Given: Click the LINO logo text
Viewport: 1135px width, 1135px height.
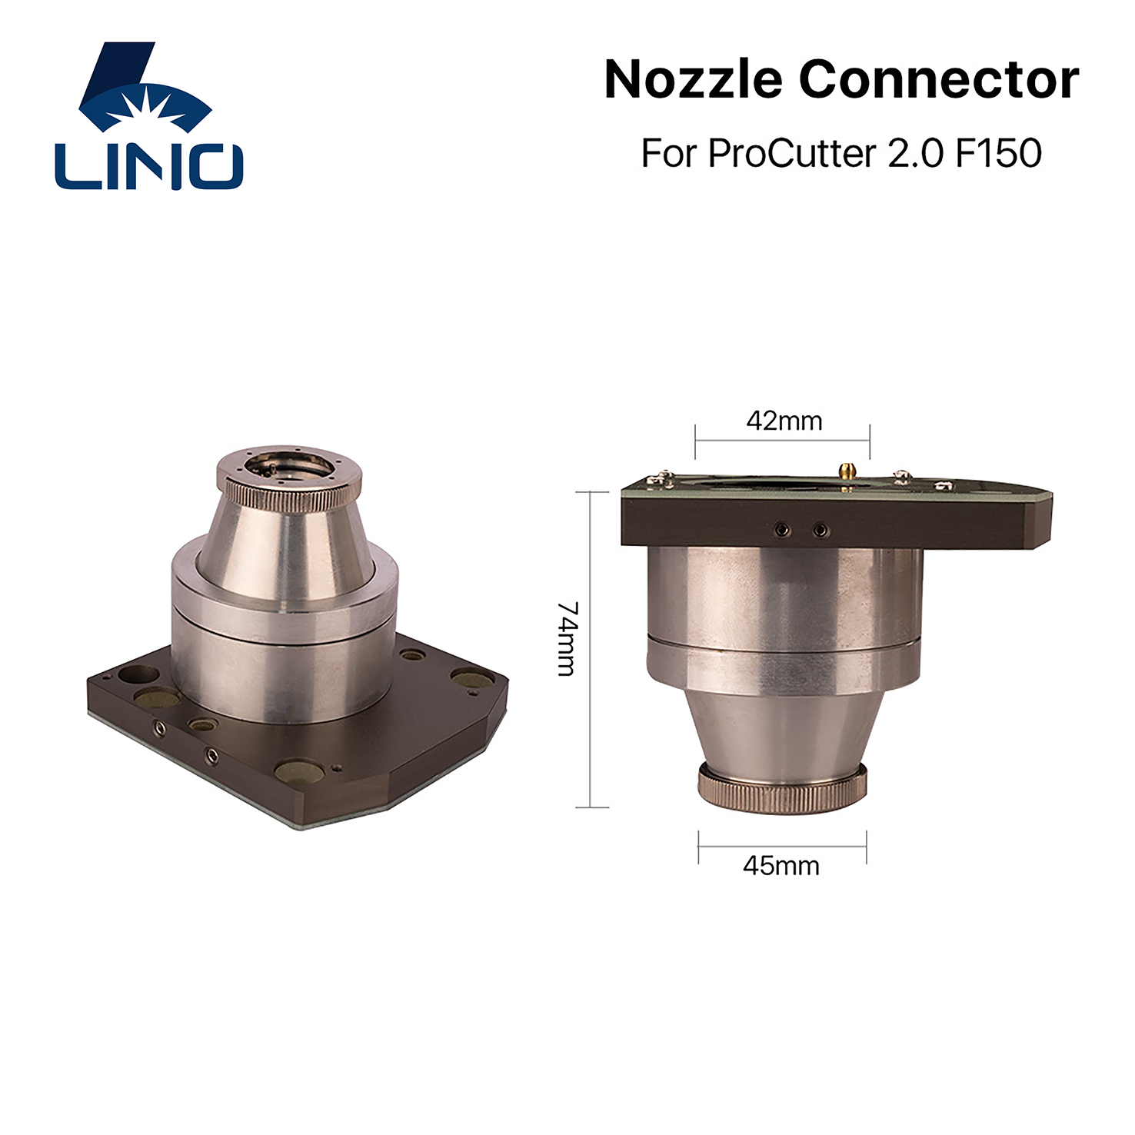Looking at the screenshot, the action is click(x=149, y=165).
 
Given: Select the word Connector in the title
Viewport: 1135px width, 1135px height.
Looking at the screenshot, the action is click(x=939, y=79).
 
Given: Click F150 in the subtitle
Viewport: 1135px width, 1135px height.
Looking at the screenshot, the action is click(x=999, y=153).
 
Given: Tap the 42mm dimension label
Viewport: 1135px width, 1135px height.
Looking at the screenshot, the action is click(x=784, y=421).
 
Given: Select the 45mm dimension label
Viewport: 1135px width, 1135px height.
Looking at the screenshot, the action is click(x=781, y=866).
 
